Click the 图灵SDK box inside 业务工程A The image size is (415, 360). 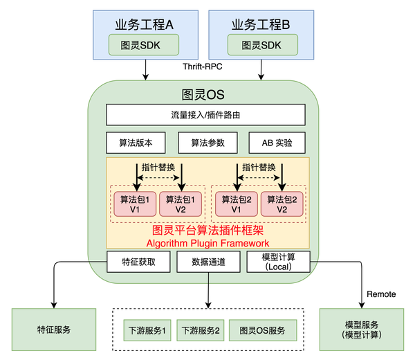click(x=144, y=45)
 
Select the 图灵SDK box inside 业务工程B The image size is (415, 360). click(x=263, y=45)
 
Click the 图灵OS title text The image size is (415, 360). click(x=203, y=93)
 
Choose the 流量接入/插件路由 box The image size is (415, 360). click(x=205, y=115)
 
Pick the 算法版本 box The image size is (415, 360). click(x=135, y=143)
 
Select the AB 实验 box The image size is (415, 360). click(x=277, y=143)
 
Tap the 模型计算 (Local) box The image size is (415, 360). click(x=278, y=262)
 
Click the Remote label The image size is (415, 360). click(x=382, y=294)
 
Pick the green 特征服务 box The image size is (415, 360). click(x=53, y=329)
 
